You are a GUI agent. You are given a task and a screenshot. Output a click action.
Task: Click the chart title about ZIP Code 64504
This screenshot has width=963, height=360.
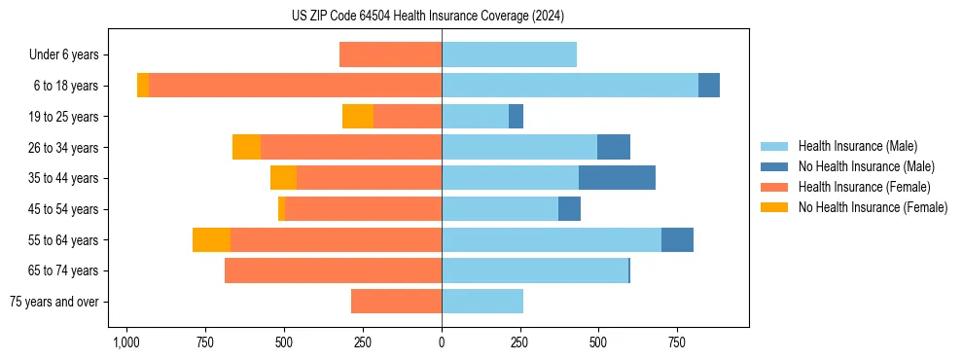click(x=443, y=16)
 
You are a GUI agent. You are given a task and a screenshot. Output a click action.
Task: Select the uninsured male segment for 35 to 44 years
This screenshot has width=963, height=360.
click(x=617, y=178)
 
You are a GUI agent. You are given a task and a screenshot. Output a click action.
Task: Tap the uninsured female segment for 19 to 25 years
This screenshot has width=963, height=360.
click(x=358, y=117)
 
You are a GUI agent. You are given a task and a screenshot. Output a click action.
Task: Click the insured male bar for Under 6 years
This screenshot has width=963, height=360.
click(x=509, y=54)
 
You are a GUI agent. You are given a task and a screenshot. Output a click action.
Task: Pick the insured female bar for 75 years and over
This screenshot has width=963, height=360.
click(x=396, y=302)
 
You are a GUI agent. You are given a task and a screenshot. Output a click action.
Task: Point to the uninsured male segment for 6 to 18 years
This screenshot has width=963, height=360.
click(x=709, y=86)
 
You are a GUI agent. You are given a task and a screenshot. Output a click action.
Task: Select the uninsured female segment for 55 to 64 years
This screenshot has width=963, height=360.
click(x=211, y=240)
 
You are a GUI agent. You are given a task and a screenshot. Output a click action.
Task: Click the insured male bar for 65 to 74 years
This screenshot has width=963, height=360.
click(x=535, y=270)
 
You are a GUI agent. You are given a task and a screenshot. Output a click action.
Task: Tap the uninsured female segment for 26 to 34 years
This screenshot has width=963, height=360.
click(x=246, y=147)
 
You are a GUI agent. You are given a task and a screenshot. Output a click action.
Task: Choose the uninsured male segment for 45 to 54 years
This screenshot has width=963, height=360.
click(x=569, y=209)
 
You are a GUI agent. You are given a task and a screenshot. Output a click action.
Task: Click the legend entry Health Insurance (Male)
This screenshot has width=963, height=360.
click(x=857, y=146)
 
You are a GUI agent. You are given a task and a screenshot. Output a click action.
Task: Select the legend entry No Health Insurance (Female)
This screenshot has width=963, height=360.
click(x=873, y=207)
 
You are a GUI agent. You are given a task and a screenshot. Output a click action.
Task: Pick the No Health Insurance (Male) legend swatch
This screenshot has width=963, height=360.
click(x=774, y=166)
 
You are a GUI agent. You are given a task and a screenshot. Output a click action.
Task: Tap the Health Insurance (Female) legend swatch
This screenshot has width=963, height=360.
click(x=774, y=187)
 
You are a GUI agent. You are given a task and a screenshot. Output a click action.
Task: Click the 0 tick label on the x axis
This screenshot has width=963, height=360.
click(x=442, y=343)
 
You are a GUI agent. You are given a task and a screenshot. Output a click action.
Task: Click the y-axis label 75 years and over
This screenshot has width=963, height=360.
click(x=54, y=302)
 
